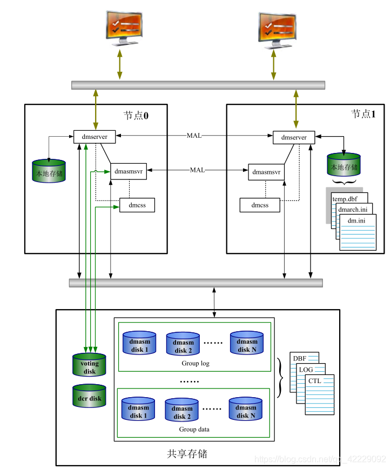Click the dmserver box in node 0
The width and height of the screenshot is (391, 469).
point(95,137)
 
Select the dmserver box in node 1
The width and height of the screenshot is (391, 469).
point(293,137)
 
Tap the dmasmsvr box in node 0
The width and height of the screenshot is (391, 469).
point(129,171)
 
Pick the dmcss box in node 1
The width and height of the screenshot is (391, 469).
point(260,205)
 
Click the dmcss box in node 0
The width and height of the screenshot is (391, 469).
point(137,205)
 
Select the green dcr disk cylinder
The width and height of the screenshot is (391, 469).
point(90,397)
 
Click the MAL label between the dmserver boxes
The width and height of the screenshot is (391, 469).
point(194,135)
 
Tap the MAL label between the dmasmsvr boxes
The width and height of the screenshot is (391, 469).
point(197,170)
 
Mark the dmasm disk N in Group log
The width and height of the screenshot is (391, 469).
point(247,343)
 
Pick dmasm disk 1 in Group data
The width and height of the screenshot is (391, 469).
point(139,410)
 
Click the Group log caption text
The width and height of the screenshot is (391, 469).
point(195,363)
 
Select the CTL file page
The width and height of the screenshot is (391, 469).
point(319,394)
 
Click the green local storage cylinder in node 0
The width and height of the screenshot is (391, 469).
point(49,171)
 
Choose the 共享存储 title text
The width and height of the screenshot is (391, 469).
point(187,453)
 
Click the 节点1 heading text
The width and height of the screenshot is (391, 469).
point(363,114)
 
